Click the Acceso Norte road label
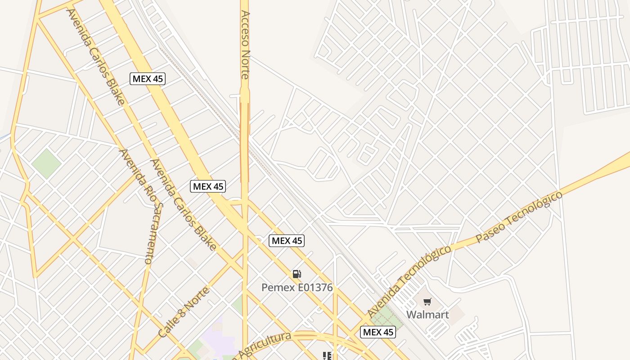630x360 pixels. [245, 45]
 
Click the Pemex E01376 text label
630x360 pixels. [297, 287]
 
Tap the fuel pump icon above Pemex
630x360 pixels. [297, 274]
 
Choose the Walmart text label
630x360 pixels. [427, 315]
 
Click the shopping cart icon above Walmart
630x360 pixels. [427, 301]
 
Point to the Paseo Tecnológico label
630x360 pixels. [519, 217]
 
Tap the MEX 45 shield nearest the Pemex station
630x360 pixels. [287, 241]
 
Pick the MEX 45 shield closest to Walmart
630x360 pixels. [378, 333]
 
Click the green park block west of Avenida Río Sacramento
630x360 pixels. [46, 163]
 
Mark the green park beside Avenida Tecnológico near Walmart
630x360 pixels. [386, 318]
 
